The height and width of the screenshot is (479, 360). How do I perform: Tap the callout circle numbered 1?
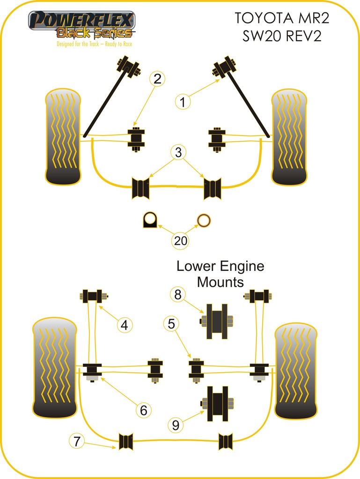click(183, 102)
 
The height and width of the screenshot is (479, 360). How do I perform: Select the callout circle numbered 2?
click(157, 79)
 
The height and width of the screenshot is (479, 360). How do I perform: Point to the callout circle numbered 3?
click(178, 152)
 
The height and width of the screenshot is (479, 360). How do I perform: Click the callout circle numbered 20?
click(181, 241)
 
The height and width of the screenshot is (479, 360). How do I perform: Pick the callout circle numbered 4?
click(124, 325)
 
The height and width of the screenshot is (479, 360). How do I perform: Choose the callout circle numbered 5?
click(171, 323)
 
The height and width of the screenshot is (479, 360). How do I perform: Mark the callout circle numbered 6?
click(143, 410)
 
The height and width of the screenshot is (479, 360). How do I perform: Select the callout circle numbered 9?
click(176, 425)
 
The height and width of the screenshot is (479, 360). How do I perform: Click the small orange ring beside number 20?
click(204, 219)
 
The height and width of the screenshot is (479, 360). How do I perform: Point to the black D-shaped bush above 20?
click(150, 219)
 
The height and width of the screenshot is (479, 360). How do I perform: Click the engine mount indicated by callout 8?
click(217, 321)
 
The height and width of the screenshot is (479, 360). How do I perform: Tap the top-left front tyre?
click(63, 137)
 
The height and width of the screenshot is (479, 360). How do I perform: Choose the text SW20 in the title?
click(262, 36)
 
